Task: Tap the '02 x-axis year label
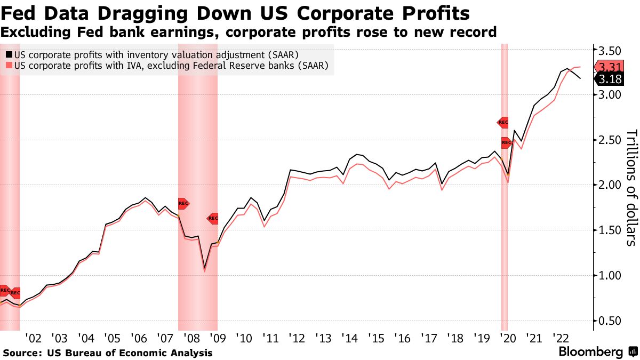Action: (33, 338)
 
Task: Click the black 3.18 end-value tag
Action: (610, 79)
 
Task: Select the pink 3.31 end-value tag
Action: (610, 67)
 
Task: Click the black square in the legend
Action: (9, 54)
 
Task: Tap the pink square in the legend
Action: (9, 66)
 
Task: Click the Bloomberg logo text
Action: (590, 352)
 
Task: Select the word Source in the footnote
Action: (22, 353)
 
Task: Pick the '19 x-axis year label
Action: (481, 338)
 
